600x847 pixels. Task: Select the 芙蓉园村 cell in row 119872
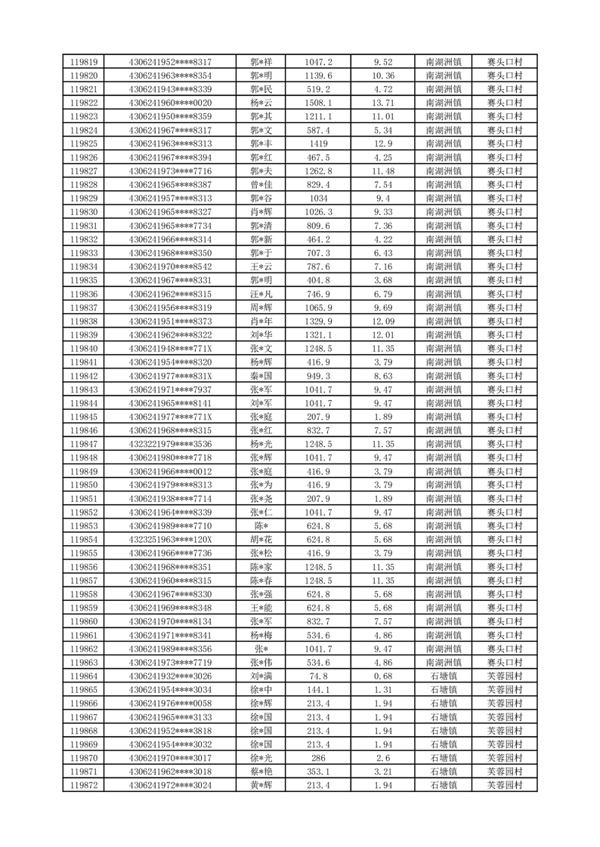coord(505,786)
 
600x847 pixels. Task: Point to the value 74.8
coord(318,676)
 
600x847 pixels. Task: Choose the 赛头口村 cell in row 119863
coord(505,663)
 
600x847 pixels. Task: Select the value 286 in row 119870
coord(318,759)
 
